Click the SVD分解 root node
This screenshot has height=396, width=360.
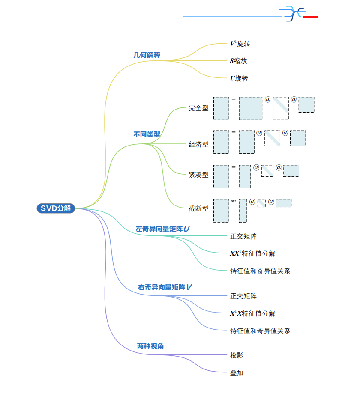56,208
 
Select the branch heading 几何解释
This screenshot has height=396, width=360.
147,55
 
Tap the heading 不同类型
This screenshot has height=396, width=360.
147,134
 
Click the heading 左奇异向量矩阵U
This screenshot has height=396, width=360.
162,229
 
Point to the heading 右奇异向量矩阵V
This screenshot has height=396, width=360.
165,287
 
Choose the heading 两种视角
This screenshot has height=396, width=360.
150,346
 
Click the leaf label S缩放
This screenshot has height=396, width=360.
239,61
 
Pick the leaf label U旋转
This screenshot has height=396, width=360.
239,78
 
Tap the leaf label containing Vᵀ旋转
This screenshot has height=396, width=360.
240,44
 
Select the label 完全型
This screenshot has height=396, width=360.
198,108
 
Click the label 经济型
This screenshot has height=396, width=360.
198,145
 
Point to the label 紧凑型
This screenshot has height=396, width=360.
198,175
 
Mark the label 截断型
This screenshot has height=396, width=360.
198,209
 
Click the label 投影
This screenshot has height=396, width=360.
237,355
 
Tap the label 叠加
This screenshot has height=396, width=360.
237,373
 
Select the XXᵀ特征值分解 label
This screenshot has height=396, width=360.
252,253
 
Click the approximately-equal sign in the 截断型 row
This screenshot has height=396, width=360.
234,201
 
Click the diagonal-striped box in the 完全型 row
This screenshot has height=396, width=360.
281,108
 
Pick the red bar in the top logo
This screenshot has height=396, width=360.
310,17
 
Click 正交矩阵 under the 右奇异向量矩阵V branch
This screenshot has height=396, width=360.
243,296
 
